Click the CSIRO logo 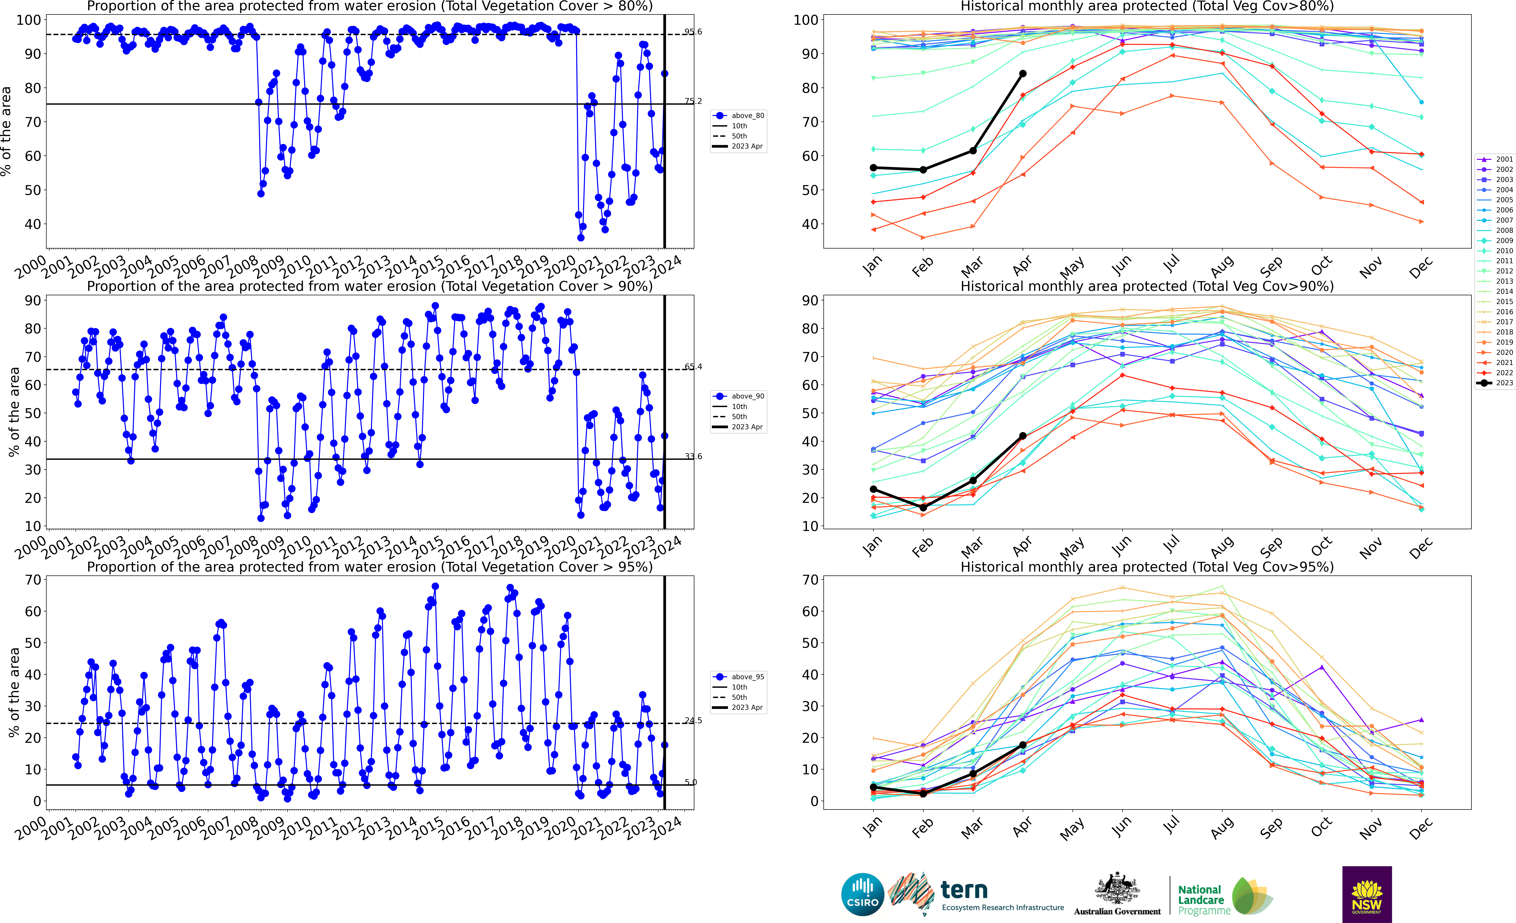863,894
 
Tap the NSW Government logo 1367,894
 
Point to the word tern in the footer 964,890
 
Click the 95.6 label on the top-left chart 693,32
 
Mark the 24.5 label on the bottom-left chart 693,721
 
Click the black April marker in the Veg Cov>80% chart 1023,74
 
